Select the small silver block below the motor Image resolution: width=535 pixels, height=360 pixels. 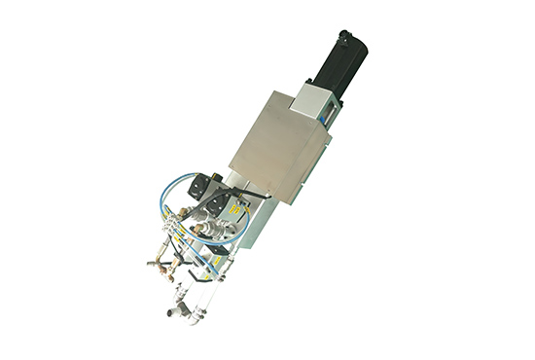tap(316, 98)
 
